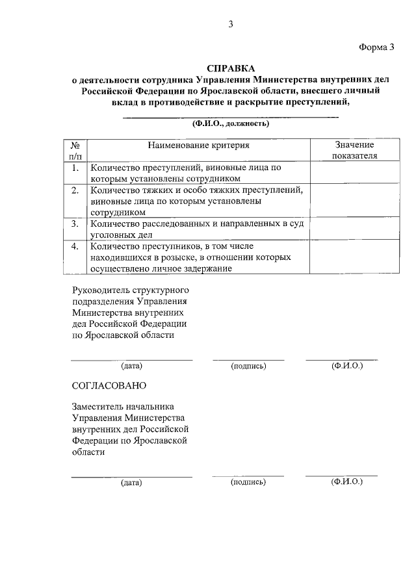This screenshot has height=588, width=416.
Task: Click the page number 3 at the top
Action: click(x=230, y=24)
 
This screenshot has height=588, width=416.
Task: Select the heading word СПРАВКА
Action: click(x=231, y=68)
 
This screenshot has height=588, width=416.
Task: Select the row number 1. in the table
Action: click(x=75, y=168)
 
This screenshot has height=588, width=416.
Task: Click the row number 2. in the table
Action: click(x=75, y=190)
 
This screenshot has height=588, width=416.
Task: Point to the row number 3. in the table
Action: click(x=75, y=224)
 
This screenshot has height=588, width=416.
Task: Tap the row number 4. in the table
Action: click(x=75, y=246)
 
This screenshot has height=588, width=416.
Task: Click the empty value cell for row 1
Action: click(x=354, y=173)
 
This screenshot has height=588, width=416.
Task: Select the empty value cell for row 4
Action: click(x=354, y=257)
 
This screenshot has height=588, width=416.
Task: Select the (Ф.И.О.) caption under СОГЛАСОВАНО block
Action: click(x=346, y=481)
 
